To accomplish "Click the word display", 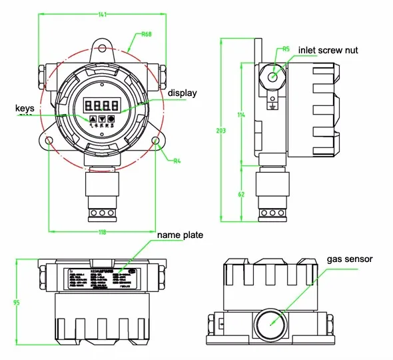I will pos(182,93).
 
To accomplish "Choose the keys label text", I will pos(24,107).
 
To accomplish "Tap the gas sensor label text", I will pos(349,259).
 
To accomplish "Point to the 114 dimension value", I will pos(241,115).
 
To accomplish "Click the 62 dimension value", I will pos(241,194).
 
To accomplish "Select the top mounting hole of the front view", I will pos(102,47).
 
